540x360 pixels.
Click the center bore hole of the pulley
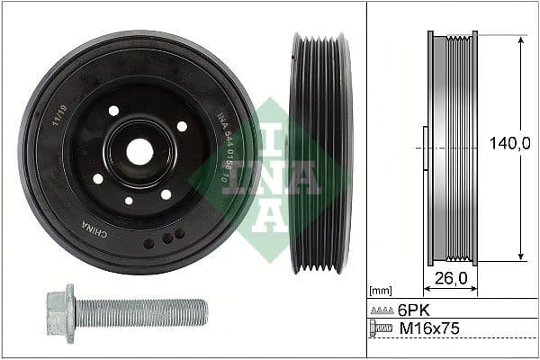pyautogui.click(x=139, y=151)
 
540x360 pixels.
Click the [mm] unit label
pyautogui.click(x=381, y=292)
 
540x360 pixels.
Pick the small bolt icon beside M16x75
pyautogui.click(x=382, y=329)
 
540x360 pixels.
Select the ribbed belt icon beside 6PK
pyautogui.click(x=382, y=309)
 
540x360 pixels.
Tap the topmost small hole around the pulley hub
pyautogui.click(x=113, y=111)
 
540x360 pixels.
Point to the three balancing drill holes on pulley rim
pyautogui.click(x=165, y=238)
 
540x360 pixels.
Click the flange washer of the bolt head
pyautogui.click(x=70, y=313)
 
